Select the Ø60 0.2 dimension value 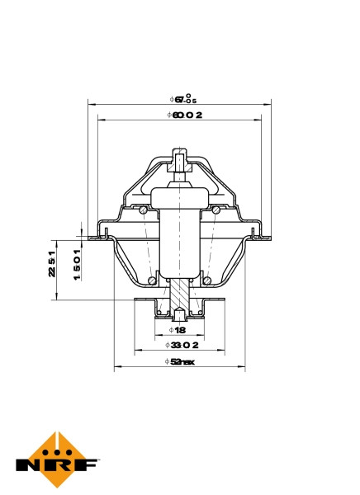click(x=183, y=115)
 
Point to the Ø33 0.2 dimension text click(x=182, y=345)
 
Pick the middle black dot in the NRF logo click(x=57, y=450)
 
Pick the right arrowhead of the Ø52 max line click(x=245, y=367)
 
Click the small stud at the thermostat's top click(x=180, y=157)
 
